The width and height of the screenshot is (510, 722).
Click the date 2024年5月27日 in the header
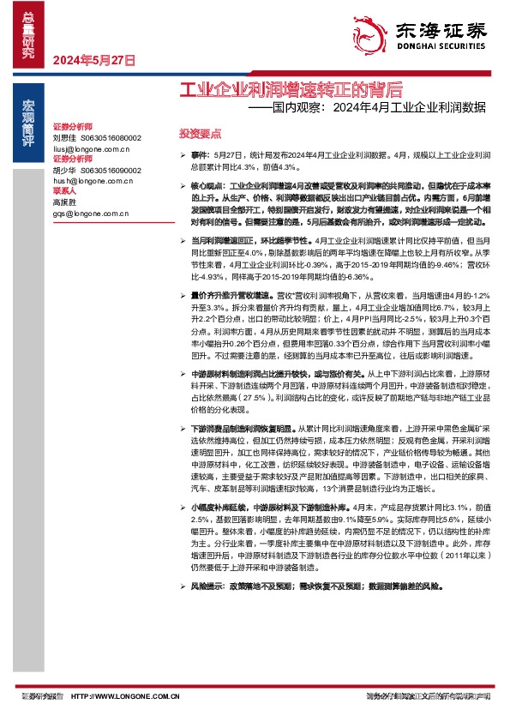click(94, 61)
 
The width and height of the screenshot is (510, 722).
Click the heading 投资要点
click(199, 134)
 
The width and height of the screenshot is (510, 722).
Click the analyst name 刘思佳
click(64, 137)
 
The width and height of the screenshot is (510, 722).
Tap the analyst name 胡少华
click(64, 170)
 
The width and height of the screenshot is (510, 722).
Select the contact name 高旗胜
click(64, 202)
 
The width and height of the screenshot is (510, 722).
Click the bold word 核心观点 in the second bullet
click(207, 184)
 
